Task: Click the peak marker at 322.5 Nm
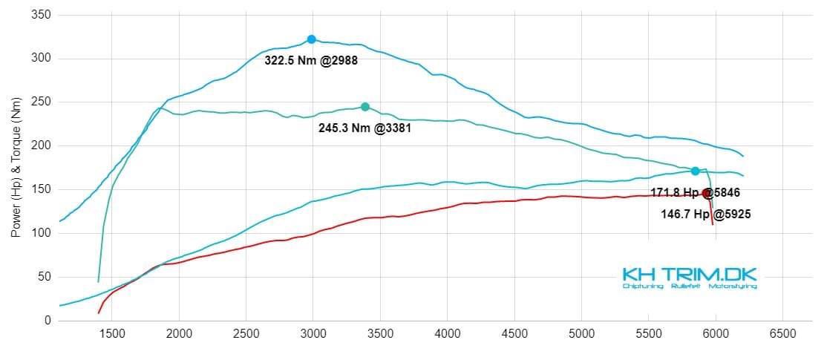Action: (x=311, y=39)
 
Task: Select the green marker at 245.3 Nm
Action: (x=365, y=107)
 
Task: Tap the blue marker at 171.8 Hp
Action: (x=695, y=171)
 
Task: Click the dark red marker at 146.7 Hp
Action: (x=707, y=194)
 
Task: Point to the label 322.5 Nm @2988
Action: (x=311, y=61)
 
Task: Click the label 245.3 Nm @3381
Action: (x=364, y=128)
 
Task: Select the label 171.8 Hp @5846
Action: (x=695, y=192)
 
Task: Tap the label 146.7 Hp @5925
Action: (x=700, y=214)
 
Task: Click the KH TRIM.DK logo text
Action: (x=689, y=274)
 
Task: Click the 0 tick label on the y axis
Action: (x=47, y=321)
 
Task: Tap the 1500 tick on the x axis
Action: (x=111, y=334)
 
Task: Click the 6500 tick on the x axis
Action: (x=782, y=334)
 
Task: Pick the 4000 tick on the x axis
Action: (x=447, y=334)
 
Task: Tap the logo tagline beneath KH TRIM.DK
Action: (x=689, y=286)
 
